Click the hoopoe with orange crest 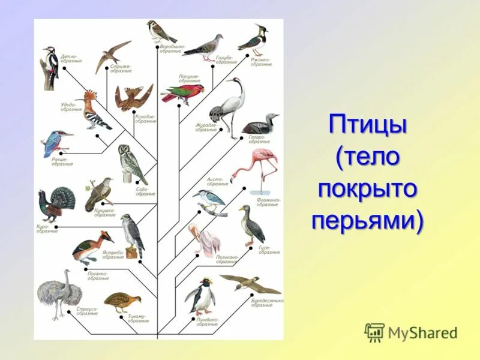click(x=94, y=112)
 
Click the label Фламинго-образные click(x=268, y=202)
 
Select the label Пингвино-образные click(x=206, y=322)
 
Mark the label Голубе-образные click(x=226, y=60)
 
